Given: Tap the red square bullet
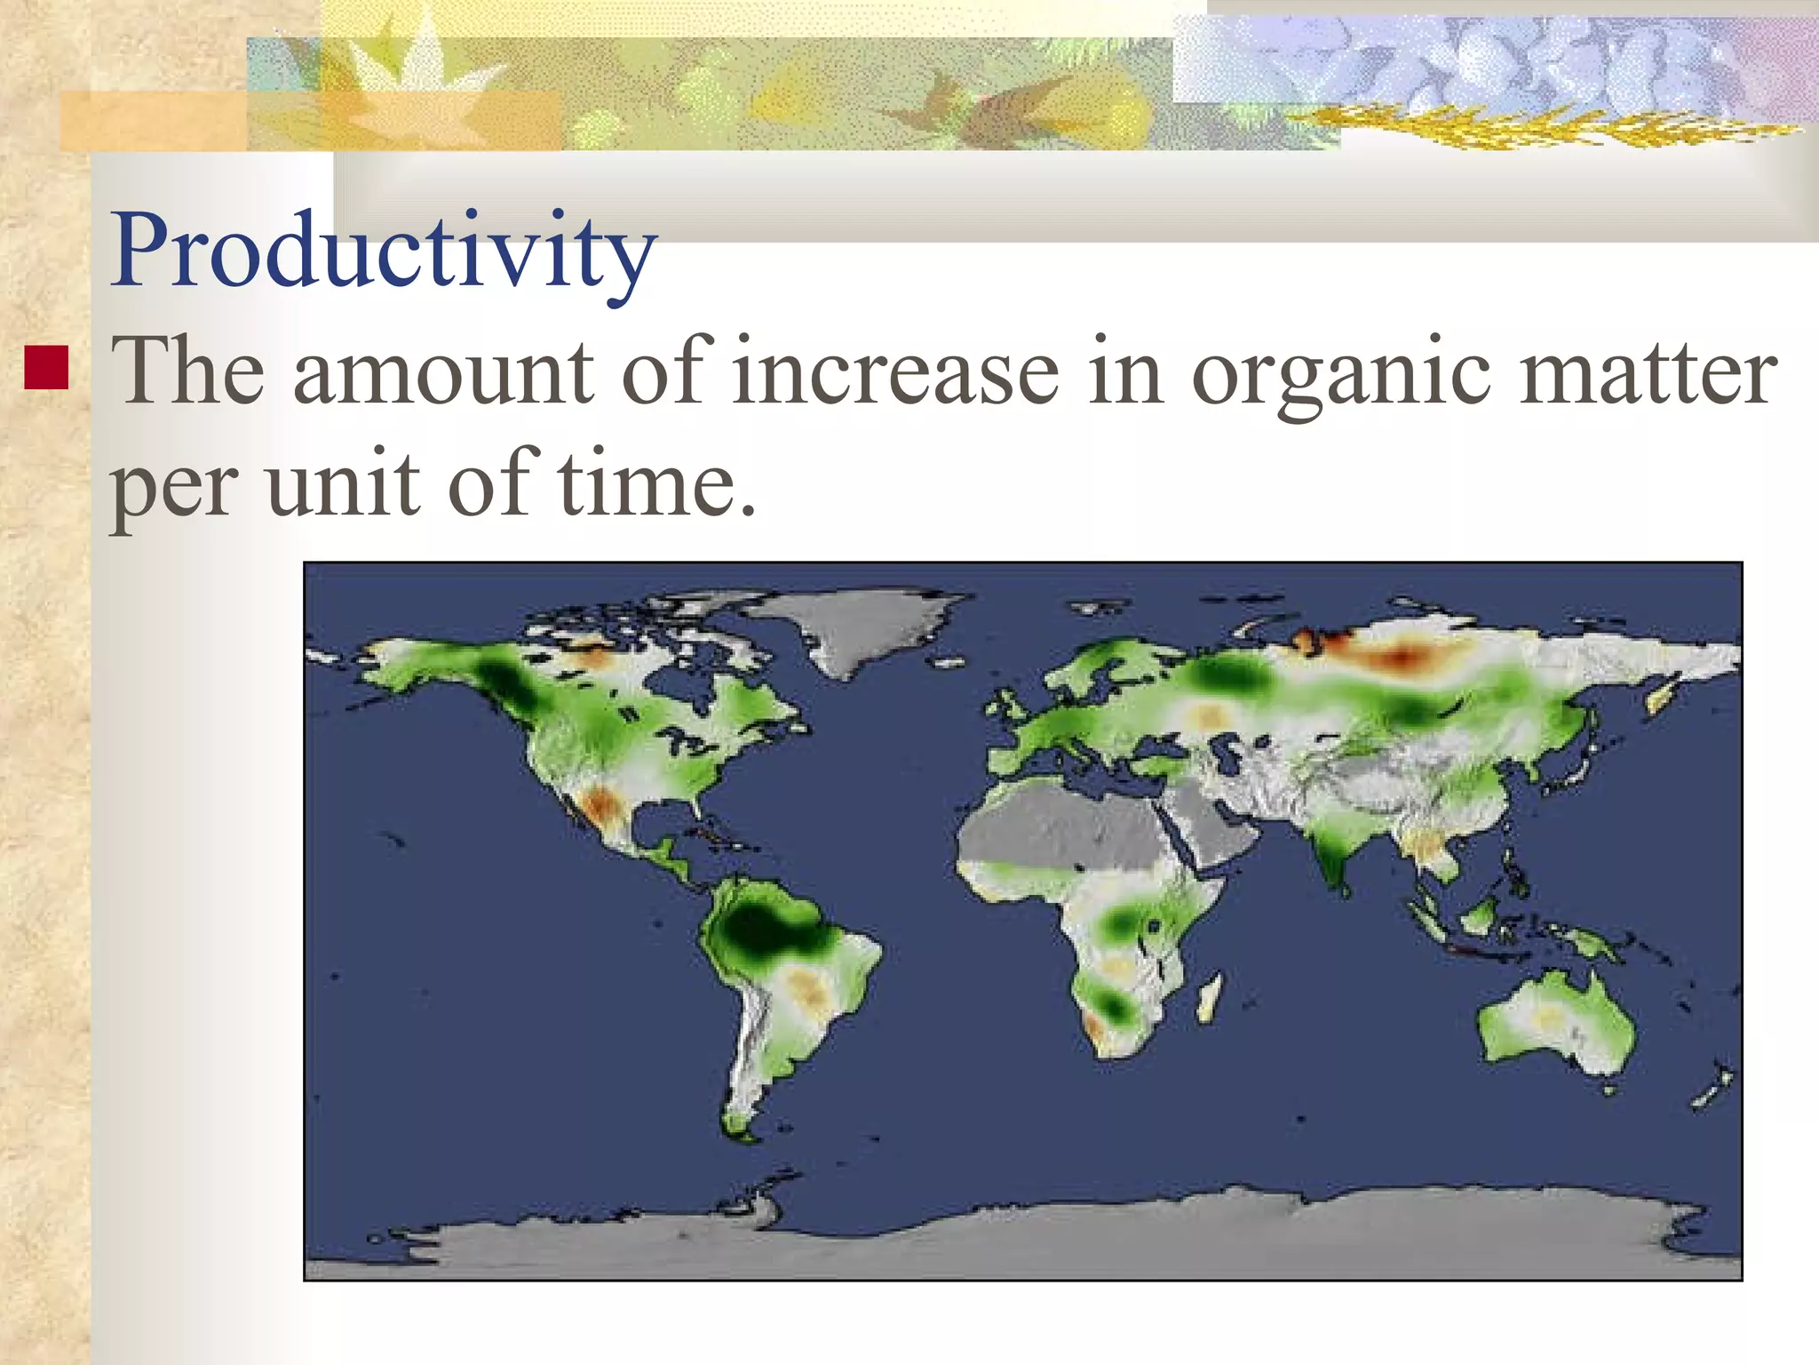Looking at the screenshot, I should pos(46,369).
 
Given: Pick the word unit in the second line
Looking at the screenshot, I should pos(342,484).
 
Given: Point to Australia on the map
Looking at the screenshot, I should pos(1554,1022).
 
